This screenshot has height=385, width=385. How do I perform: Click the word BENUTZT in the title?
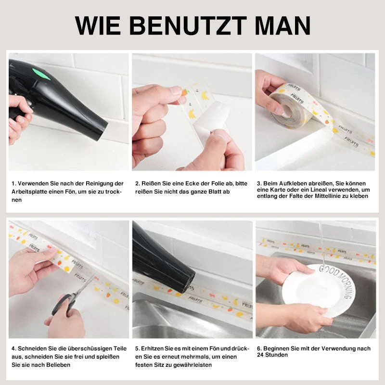coord(188,26)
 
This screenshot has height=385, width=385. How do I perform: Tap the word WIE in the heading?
coord(98,26)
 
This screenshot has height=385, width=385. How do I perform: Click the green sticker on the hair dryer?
coord(41,74)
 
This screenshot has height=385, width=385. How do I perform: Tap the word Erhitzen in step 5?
coord(152,348)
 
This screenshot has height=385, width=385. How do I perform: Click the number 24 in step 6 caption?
coord(260,355)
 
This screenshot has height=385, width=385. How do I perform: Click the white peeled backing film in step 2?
coord(211,120)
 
